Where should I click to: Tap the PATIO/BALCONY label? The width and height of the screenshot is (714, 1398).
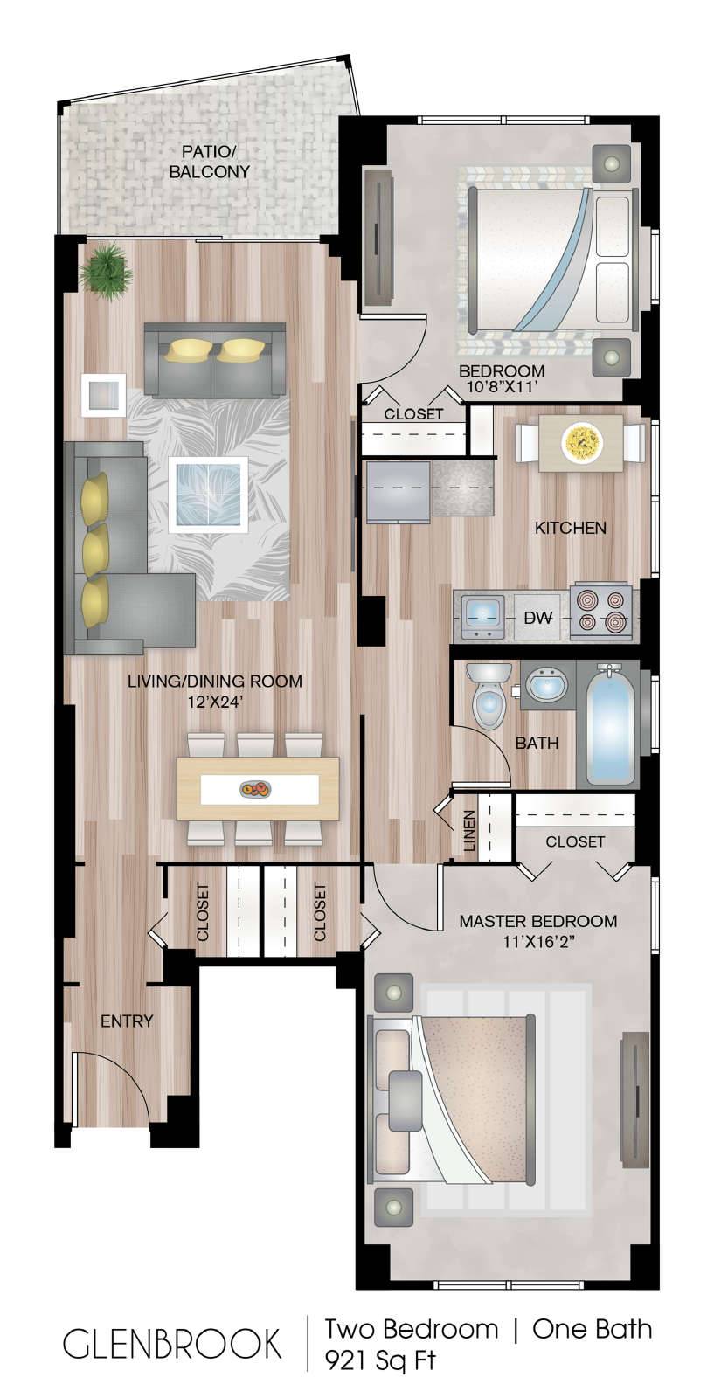pyautogui.click(x=209, y=162)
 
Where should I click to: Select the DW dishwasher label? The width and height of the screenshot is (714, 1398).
pyautogui.click(x=537, y=618)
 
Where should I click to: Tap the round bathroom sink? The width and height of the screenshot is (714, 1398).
pyautogui.click(x=547, y=685)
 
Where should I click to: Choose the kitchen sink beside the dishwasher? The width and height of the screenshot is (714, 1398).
pyautogui.click(x=483, y=615)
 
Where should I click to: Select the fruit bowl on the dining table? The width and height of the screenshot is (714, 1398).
pyautogui.click(x=256, y=790)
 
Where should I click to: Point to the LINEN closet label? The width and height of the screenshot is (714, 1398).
pyautogui.click(x=469, y=831)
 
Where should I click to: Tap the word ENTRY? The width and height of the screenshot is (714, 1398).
pyautogui.click(x=127, y=1021)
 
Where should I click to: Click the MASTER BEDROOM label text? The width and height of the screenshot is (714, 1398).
pyautogui.click(x=538, y=921)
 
